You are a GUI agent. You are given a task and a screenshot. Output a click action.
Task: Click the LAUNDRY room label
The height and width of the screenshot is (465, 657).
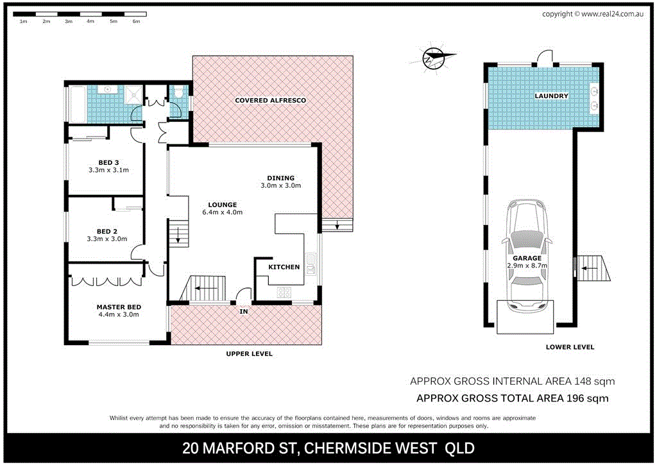coord(551,96)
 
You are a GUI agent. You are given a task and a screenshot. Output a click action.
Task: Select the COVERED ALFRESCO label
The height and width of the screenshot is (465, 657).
coord(270,101)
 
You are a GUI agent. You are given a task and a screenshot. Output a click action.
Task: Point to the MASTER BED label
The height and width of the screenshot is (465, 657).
coord(119,307)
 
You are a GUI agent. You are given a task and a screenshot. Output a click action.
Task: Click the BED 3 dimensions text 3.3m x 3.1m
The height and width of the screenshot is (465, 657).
coord(108,171)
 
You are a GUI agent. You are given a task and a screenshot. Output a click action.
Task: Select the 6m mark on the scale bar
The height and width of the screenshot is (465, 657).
coord(135,21)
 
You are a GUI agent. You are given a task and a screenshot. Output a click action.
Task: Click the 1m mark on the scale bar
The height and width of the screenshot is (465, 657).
coord(23,21)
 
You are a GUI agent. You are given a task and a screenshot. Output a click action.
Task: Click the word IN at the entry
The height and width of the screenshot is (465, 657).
coord(244,312)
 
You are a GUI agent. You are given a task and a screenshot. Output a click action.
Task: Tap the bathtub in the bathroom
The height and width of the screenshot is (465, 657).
coord(76,104)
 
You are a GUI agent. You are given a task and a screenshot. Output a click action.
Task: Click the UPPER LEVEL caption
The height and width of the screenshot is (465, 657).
coord(249,353)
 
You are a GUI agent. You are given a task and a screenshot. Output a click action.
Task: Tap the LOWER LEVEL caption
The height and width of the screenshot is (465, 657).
coord(570,347)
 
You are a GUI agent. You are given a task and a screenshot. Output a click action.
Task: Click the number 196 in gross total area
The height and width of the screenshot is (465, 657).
coord(577,398)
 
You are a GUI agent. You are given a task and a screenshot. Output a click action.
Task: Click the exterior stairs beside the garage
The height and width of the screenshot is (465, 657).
coord(593,268)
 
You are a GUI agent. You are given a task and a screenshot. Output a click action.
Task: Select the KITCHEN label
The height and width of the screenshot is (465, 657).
coord(284,267)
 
